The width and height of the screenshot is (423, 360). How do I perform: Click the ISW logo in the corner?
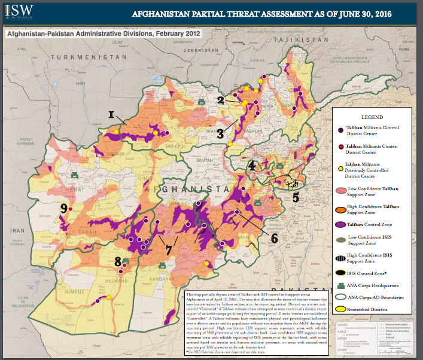[x=17, y=11]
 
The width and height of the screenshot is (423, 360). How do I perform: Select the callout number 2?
[x=221, y=100]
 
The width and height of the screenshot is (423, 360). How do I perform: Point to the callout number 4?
[x=252, y=166]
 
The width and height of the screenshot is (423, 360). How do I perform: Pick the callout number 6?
[x=274, y=237]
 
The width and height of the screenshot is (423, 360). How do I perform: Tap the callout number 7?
[x=169, y=248]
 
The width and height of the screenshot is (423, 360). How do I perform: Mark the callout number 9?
[x=63, y=208]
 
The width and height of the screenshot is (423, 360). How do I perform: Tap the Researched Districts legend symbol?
[x=340, y=309]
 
